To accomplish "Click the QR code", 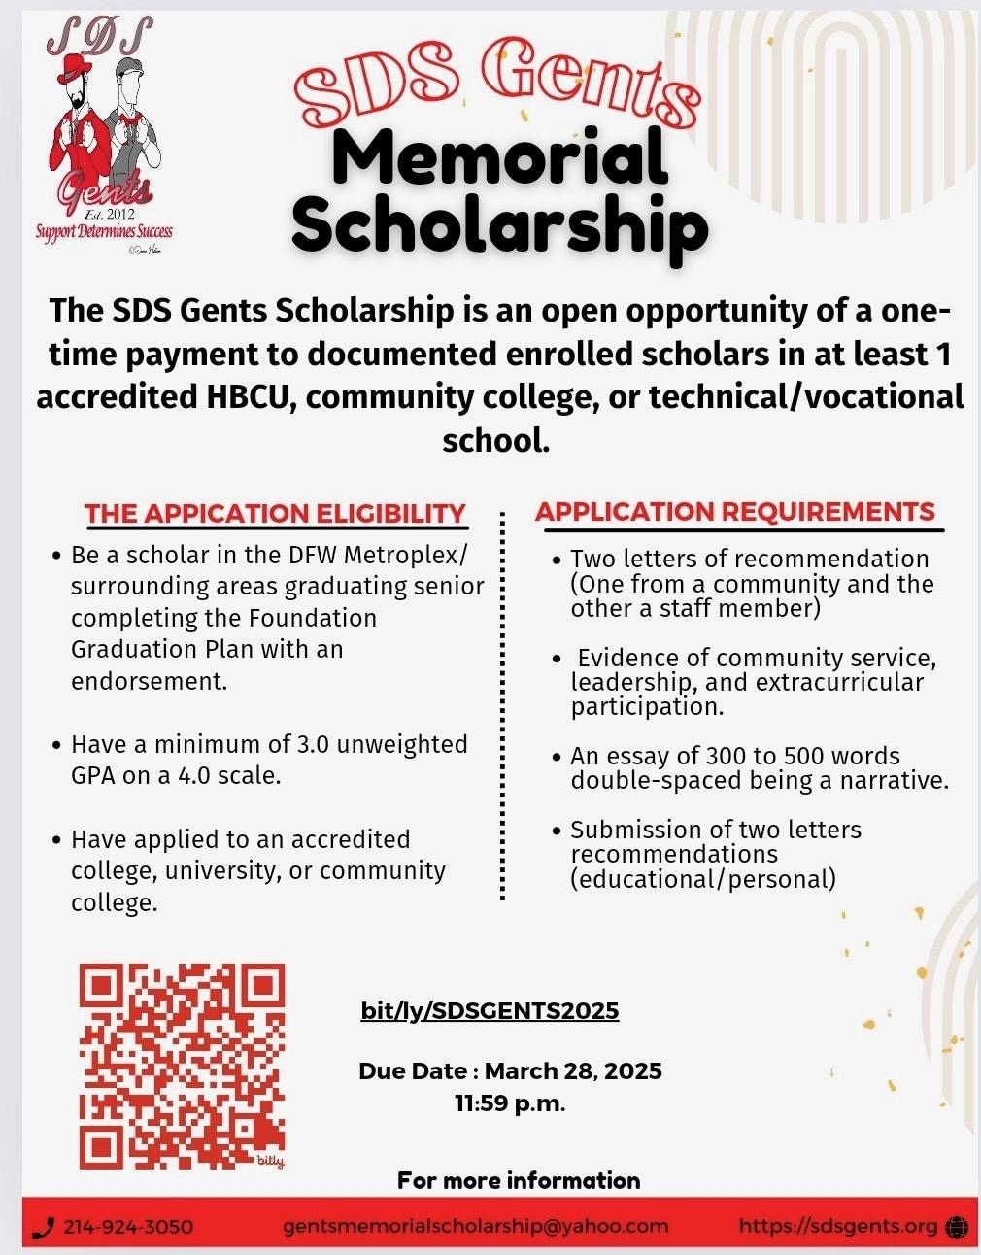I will (182, 1066).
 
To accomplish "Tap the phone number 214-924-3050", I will (128, 1227).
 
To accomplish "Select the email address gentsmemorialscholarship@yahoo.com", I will (476, 1226).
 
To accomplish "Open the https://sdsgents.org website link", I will (838, 1226).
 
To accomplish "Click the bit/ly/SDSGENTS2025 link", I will (490, 1011).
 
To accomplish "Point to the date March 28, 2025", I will (573, 1071).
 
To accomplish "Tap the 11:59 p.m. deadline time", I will (510, 1103).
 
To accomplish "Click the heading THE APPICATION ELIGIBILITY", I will (275, 513).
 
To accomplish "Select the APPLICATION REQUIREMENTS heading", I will (735, 511).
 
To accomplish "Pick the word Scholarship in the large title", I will (500, 225).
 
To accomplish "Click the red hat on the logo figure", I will (77, 67).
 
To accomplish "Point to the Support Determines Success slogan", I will (104, 231).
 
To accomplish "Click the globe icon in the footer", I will (956, 1227).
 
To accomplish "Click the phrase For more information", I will (519, 1180).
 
